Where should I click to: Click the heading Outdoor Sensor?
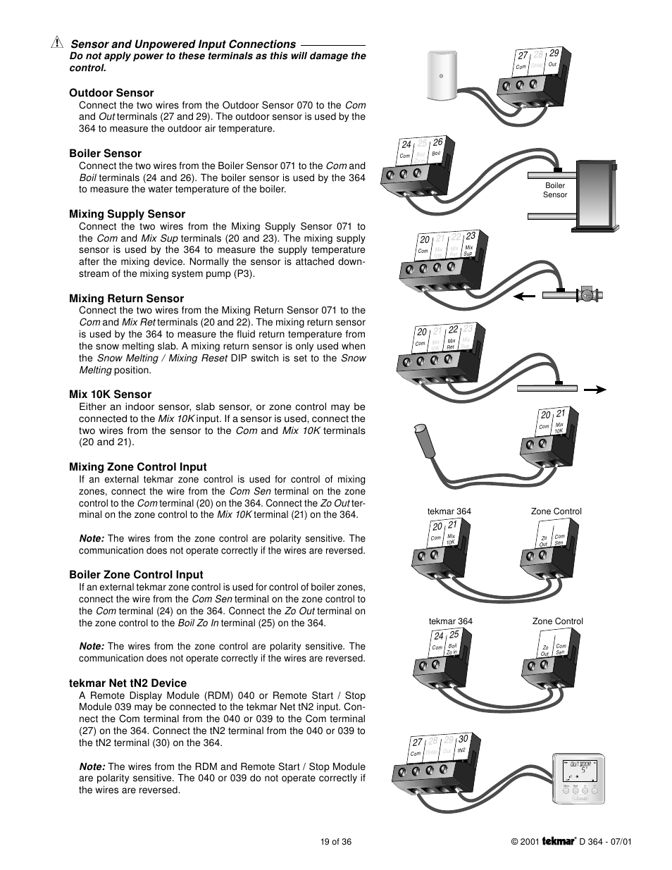111,93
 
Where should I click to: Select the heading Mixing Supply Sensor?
127,214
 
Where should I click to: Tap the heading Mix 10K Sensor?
110,394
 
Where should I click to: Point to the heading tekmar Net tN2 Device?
127,683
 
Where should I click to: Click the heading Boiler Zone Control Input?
136,575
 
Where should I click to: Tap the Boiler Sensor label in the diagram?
555,190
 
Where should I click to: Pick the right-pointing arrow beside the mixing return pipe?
595,388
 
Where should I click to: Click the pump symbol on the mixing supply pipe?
586,296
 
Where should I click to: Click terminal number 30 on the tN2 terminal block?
463,739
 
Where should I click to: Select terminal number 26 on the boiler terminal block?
437,143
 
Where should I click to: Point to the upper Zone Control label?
556,511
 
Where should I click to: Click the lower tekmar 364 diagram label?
450,621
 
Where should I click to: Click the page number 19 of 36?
335,841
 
